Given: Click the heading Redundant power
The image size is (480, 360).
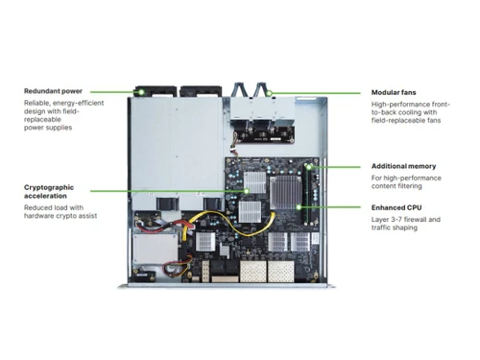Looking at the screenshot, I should [55, 91].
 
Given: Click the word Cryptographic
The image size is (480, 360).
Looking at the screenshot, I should [53, 187].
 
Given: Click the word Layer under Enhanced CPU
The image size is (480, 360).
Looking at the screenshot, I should [381, 219].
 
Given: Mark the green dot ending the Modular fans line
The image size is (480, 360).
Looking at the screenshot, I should [273, 92].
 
